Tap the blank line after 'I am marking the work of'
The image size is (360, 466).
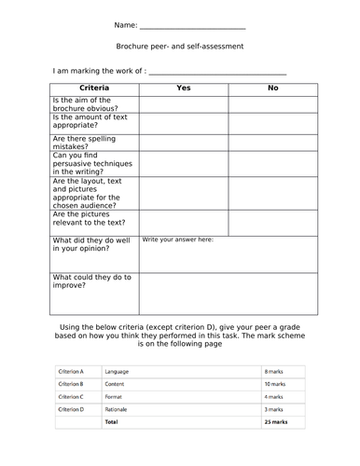coord(217,73)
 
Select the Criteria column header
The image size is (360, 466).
coord(94,88)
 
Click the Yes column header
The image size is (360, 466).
coord(184,88)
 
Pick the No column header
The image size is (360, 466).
coord(272,88)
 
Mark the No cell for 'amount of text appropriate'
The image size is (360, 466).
coord(272,122)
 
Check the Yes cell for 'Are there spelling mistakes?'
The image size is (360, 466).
coord(184,142)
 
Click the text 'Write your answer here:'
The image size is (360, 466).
coord(178,240)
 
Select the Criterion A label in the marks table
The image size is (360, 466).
coord(71,371)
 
